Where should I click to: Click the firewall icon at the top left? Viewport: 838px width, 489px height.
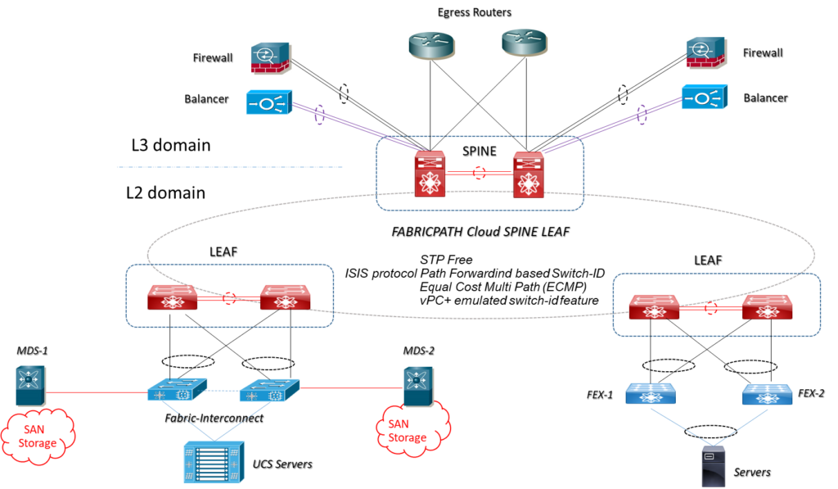pyautogui.click(x=271, y=57)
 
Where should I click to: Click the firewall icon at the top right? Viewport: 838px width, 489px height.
pyautogui.click(x=707, y=53)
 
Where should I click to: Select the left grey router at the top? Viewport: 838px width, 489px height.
pyautogui.click(x=431, y=45)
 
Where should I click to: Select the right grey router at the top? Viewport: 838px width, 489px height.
pyautogui.click(x=525, y=43)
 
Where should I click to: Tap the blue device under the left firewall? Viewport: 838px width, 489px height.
pyautogui.click(x=269, y=102)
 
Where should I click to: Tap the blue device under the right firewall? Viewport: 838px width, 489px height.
pyautogui.click(x=705, y=97)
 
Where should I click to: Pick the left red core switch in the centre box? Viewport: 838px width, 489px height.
pyautogui.click(x=430, y=174)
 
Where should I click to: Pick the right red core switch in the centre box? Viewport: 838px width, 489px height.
pyautogui.click(x=528, y=174)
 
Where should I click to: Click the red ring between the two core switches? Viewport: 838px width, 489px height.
pyautogui.click(x=479, y=173)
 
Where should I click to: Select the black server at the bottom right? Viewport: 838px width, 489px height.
pyautogui.click(x=713, y=466)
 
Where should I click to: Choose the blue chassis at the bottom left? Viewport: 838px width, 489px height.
pyautogui.click(x=214, y=462)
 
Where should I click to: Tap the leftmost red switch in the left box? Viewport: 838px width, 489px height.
pyautogui.click(x=173, y=297)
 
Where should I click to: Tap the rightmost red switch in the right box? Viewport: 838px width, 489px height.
pyautogui.click(x=767, y=306)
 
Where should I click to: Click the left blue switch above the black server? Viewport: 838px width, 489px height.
pyautogui.click(x=651, y=394)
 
